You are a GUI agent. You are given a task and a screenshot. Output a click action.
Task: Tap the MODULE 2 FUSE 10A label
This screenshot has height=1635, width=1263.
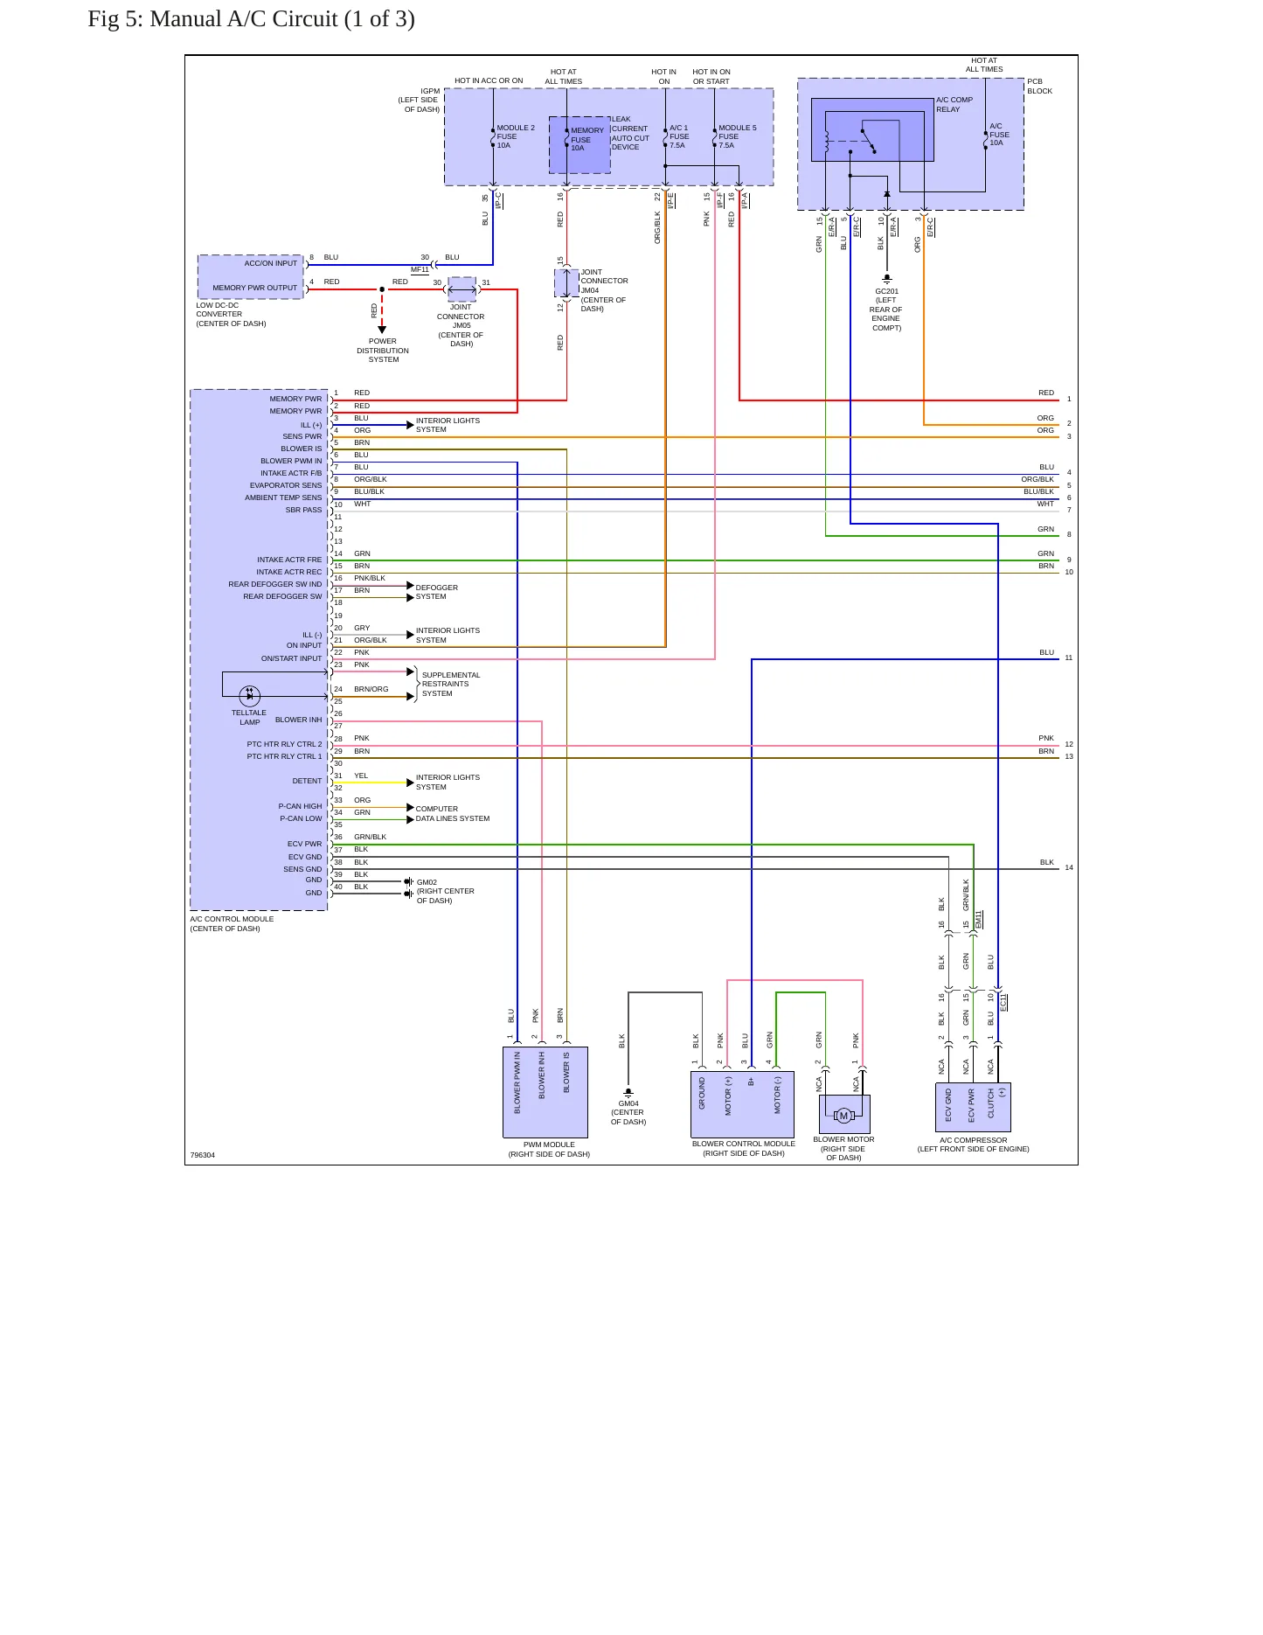point(516,136)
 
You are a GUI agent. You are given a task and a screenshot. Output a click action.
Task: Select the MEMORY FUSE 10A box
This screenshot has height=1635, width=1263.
point(579,144)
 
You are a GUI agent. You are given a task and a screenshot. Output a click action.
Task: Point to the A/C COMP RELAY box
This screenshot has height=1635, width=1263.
point(872,129)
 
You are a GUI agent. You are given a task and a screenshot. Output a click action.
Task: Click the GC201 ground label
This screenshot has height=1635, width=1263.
point(886,310)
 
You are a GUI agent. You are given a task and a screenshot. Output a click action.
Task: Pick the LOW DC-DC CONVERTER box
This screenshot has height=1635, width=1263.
point(251,277)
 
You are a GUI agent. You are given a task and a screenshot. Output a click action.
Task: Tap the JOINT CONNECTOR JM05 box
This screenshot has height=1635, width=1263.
point(461,289)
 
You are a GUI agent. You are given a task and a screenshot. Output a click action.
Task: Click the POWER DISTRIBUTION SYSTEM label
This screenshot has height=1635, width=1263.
point(383,351)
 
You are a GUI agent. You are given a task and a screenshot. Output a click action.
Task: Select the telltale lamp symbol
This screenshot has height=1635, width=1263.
point(250,696)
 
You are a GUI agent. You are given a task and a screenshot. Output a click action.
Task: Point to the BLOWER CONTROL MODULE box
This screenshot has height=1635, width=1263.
point(742,1104)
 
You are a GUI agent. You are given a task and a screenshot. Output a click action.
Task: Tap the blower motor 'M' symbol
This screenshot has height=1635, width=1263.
point(843,1116)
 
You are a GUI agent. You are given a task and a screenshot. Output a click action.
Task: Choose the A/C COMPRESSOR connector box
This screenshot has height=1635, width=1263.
point(973,1108)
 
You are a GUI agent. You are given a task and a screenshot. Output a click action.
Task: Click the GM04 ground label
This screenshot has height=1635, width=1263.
point(628,1112)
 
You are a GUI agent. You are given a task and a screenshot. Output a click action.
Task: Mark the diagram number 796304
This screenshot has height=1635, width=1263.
point(203,1155)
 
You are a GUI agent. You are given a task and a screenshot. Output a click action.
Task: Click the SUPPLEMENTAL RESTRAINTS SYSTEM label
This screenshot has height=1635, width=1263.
point(451,684)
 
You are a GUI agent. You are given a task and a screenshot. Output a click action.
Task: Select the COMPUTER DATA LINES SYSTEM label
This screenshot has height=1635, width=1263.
point(453,814)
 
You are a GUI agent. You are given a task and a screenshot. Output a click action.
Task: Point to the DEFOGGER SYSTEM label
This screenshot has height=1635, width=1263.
point(437,592)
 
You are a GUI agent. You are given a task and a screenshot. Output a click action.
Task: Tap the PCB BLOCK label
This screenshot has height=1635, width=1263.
point(1040,87)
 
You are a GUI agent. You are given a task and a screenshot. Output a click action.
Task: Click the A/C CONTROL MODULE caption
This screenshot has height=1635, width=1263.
point(232,923)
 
